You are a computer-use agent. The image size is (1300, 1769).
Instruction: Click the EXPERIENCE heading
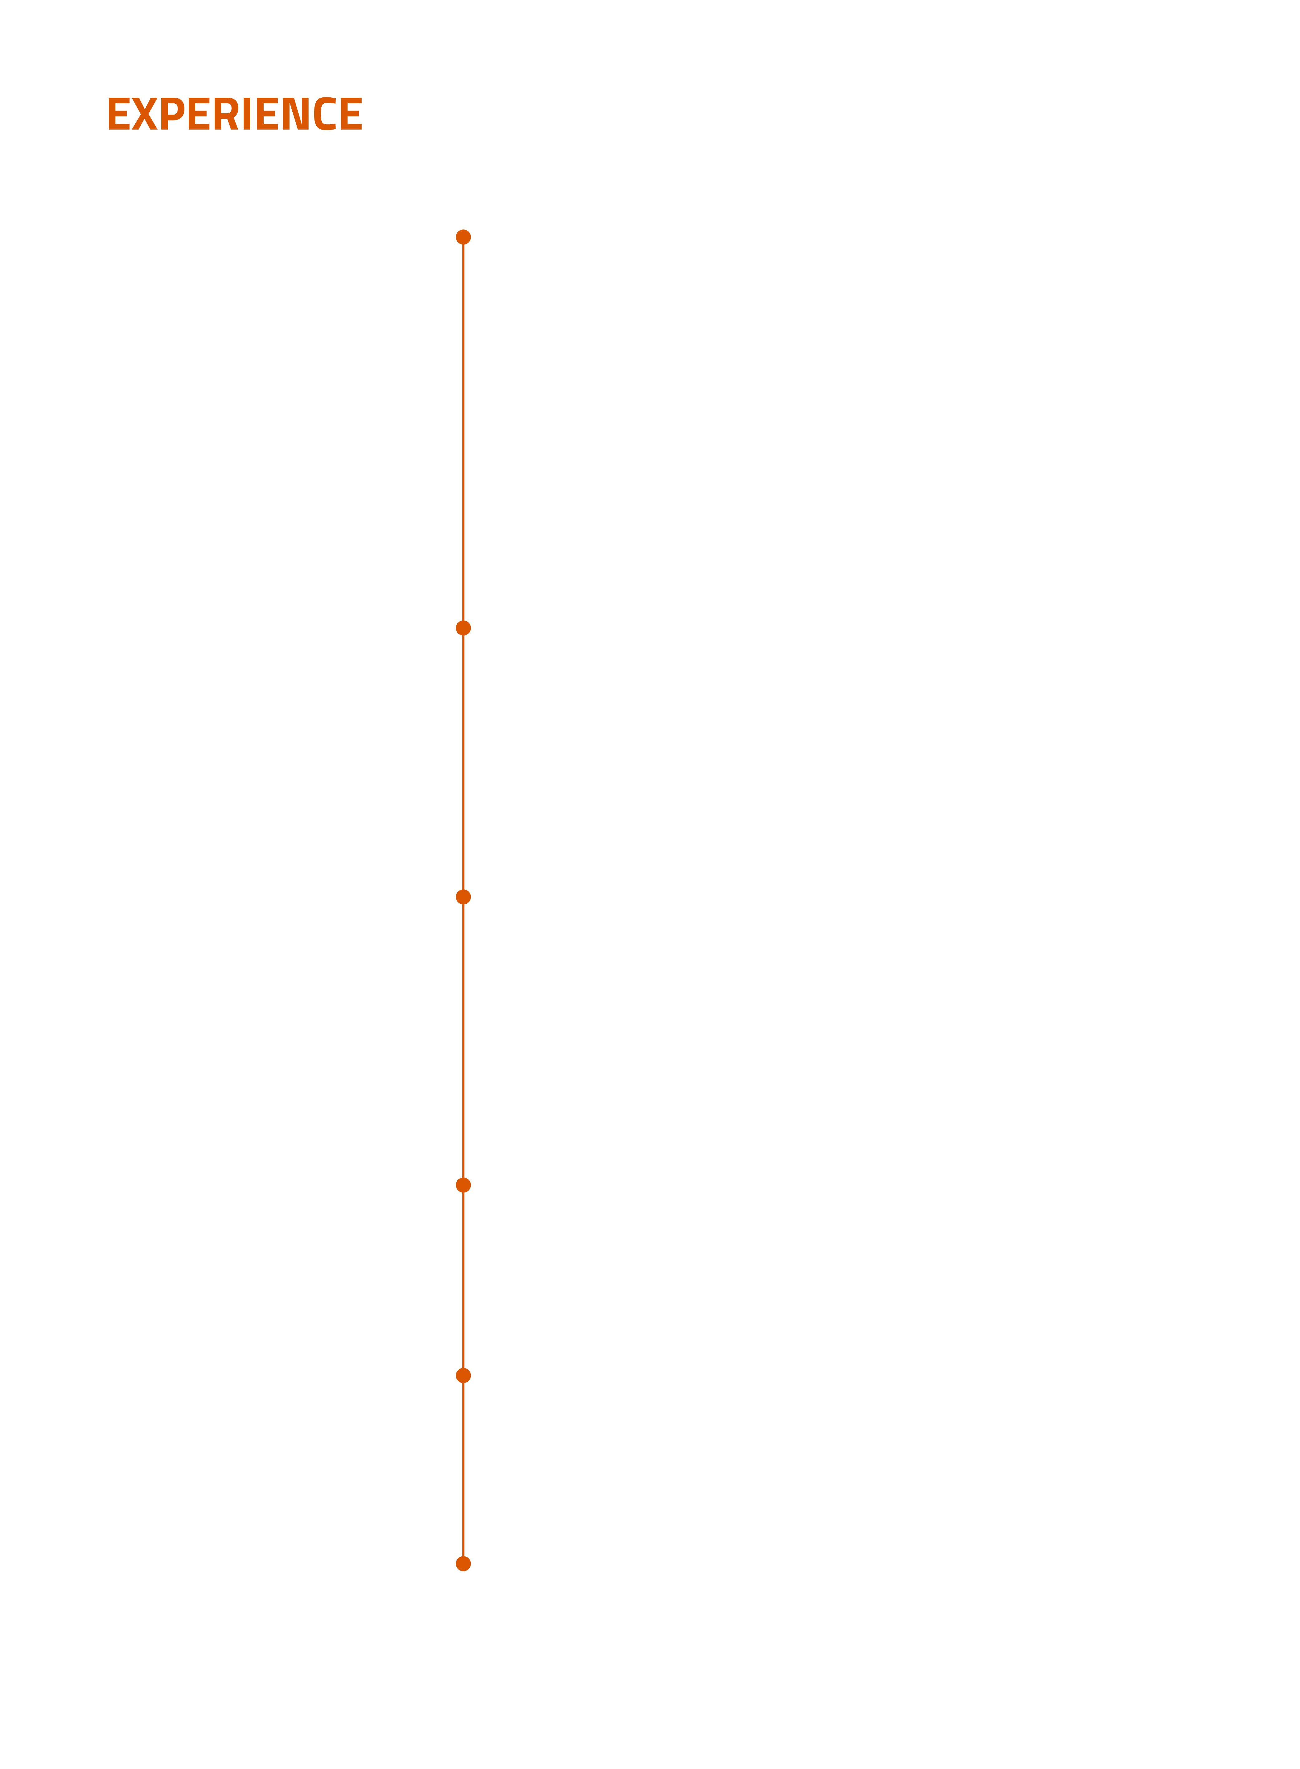(235, 114)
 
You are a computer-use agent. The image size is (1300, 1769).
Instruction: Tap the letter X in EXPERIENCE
(145, 114)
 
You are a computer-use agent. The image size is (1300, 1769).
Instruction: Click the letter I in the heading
(247, 114)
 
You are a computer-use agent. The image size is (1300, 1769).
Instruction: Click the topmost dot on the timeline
(464, 237)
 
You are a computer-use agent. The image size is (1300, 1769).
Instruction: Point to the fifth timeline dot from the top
(464, 1375)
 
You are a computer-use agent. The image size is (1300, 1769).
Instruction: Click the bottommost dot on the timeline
(464, 1564)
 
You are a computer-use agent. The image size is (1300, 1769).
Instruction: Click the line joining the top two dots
(464, 432)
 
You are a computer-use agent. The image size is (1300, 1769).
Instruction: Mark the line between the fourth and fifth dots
(464, 1280)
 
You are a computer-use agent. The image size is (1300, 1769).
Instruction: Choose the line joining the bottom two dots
(464, 1469)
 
